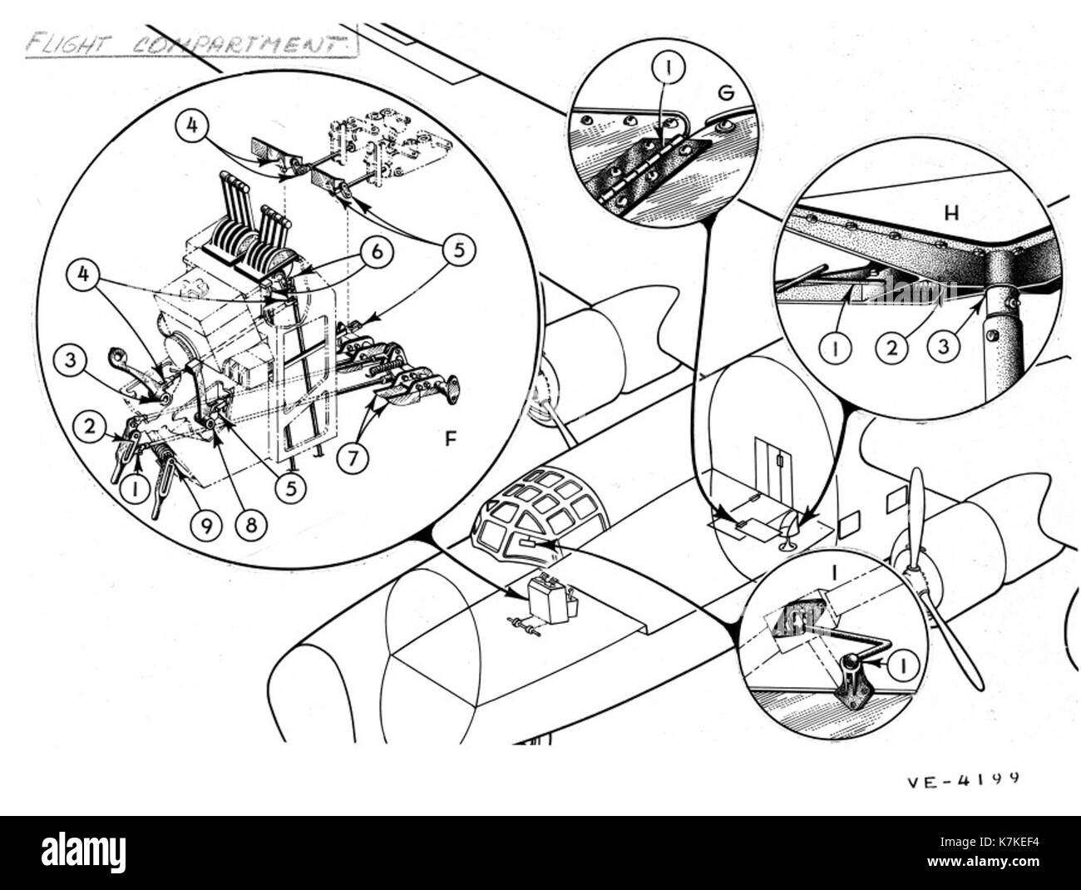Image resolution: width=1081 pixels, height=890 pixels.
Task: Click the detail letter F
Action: tap(451, 439)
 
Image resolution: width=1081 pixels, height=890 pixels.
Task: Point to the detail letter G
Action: tap(726, 93)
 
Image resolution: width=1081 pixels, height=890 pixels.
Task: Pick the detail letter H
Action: tap(951, 214)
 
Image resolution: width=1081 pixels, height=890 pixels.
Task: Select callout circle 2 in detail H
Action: tap(892, 349)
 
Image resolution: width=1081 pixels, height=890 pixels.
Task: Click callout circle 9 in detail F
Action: tap(206, 526)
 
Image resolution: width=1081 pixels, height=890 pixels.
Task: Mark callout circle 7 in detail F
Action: tap(353, 457)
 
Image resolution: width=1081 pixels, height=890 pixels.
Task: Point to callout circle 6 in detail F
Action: tap(377, 252)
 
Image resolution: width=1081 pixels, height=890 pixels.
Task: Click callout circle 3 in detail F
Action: tap(71, 360)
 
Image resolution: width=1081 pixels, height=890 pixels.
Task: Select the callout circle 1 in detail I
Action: tap(903, 666)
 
